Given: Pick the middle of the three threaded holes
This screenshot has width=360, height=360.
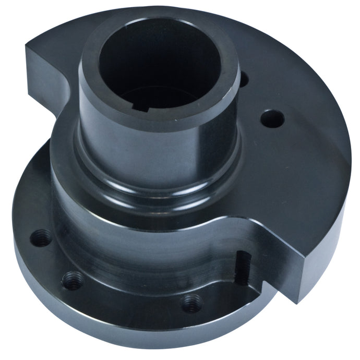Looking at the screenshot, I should coord(72,281).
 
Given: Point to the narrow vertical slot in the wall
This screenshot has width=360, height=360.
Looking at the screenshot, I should coord(241,266).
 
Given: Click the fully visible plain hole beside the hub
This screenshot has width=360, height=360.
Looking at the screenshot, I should coord(271,118).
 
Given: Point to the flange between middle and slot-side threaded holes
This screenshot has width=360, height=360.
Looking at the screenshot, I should coord(130,297).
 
